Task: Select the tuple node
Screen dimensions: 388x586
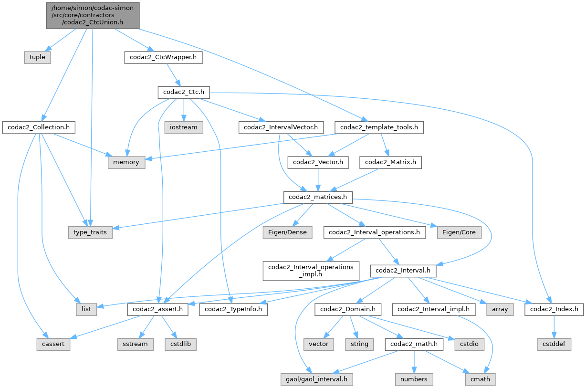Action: pos(37,57)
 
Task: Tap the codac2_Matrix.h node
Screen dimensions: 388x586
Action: pos(390,162)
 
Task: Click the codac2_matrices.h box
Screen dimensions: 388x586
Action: pos(318,197)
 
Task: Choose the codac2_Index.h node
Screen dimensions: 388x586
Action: pos(554,309)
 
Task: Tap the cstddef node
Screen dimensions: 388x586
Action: pos(554,344)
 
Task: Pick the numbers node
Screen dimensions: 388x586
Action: pos(414,379)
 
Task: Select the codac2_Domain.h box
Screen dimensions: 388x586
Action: pos(346,309)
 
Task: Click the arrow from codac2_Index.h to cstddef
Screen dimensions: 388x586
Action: pos(554,326)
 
